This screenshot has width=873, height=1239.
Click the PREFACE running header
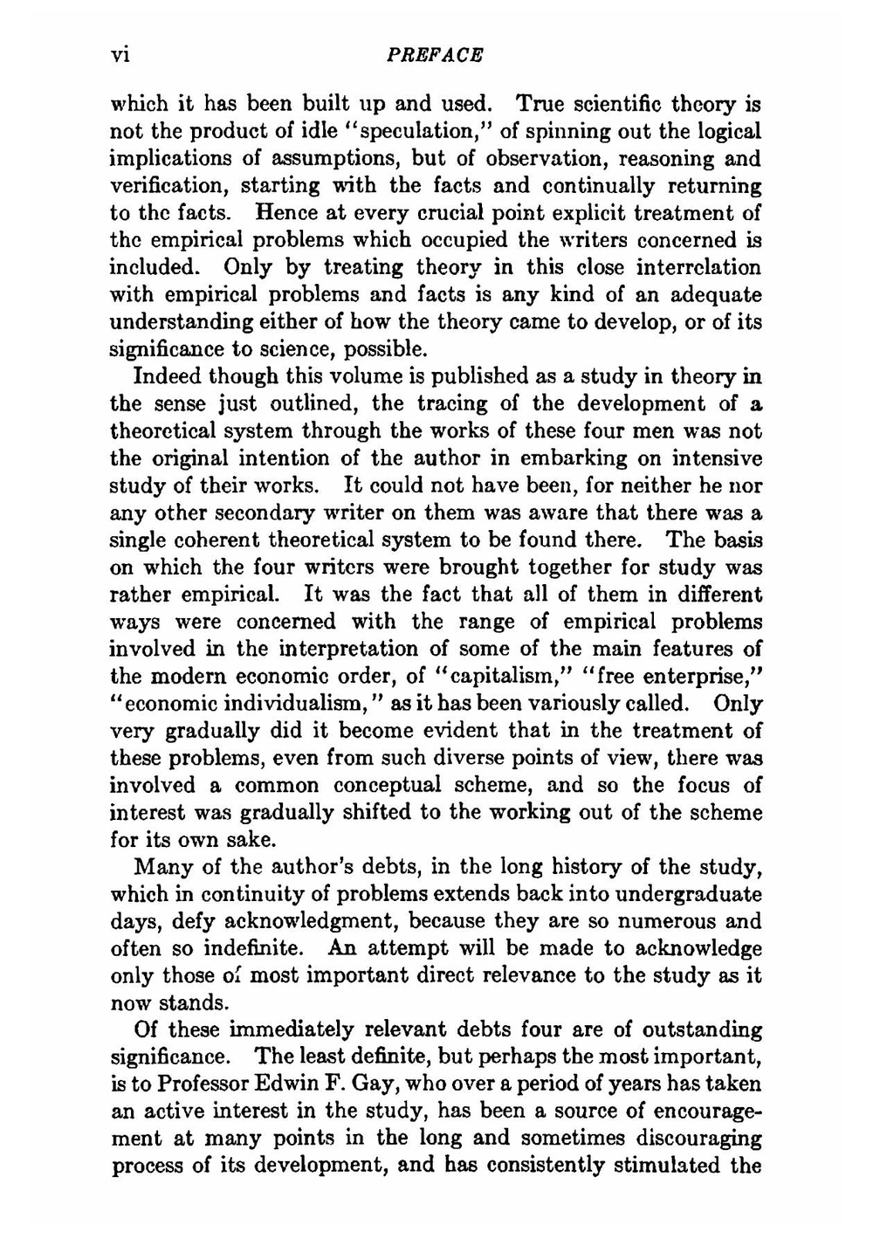click(x=434, y=55)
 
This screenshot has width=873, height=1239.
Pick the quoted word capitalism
click(x=496, y=677)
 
